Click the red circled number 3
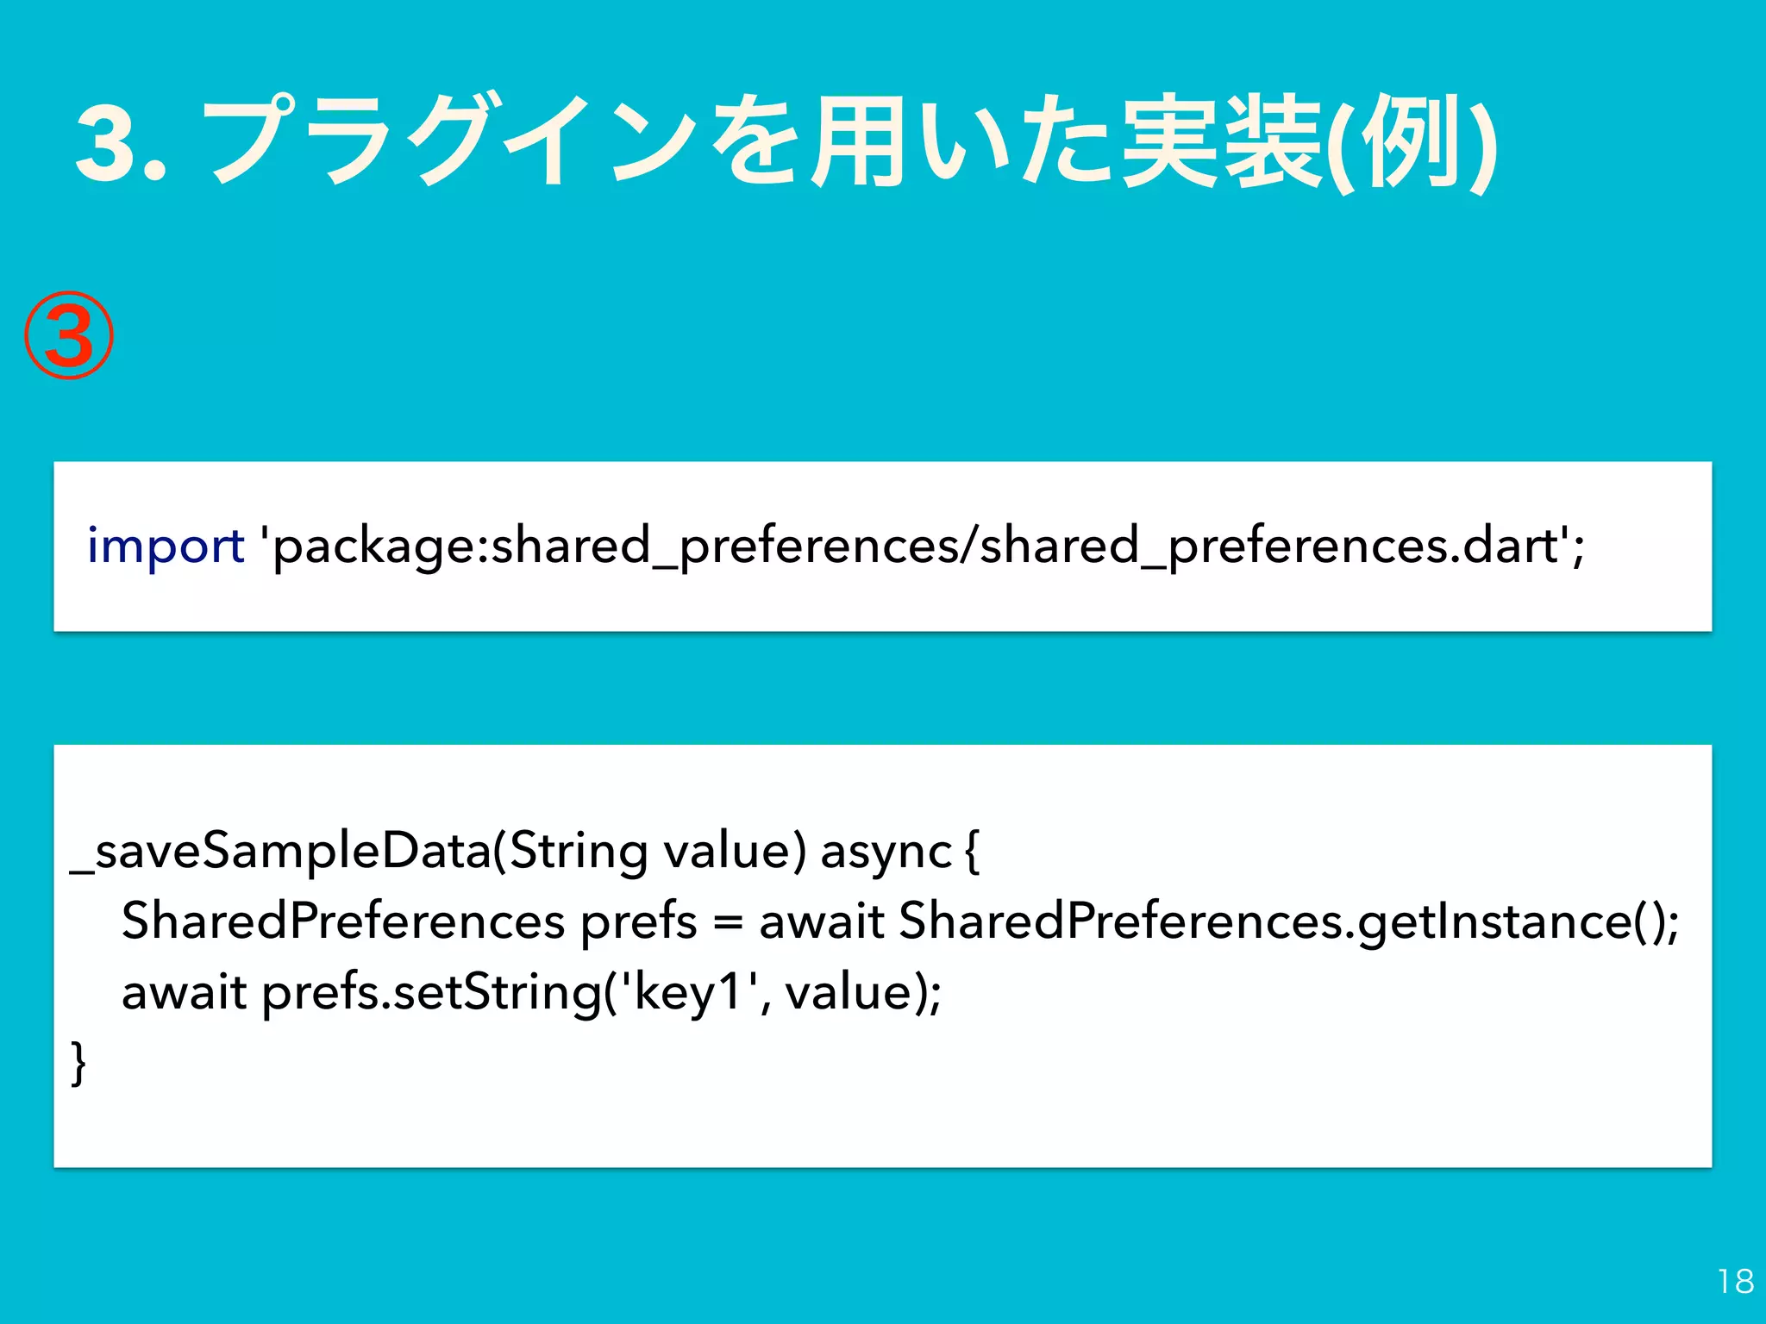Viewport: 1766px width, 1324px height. pos(68,336)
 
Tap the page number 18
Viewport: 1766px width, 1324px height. pos(1735,1282)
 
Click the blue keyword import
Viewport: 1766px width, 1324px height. pos(166,546)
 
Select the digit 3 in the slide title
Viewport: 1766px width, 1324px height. pos(109,142)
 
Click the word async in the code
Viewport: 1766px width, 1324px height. pos(886,852)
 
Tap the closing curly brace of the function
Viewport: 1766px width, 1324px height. pos(78,1063)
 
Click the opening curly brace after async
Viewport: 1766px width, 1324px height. pos(972,852)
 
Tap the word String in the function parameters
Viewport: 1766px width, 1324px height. pos(579,852)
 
